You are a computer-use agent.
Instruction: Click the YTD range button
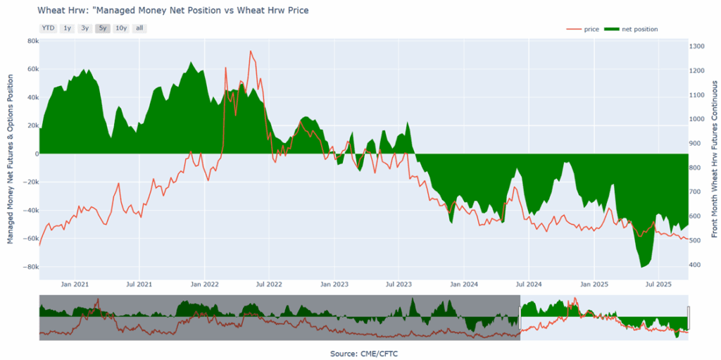(x=48, y=28)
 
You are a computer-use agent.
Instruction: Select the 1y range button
(x=67, y=28)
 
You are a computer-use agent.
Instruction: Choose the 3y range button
(x=84, y=28)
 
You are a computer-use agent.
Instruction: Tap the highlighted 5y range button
(x=103, y=28)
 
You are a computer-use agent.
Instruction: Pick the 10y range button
(x=121, y=28)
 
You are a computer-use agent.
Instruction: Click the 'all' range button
(x=139, y=28)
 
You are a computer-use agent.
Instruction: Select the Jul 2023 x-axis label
(x=399, y=285)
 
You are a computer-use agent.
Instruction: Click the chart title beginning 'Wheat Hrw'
(x=173, y=11)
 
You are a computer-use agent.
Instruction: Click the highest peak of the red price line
(x=250, y=51)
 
